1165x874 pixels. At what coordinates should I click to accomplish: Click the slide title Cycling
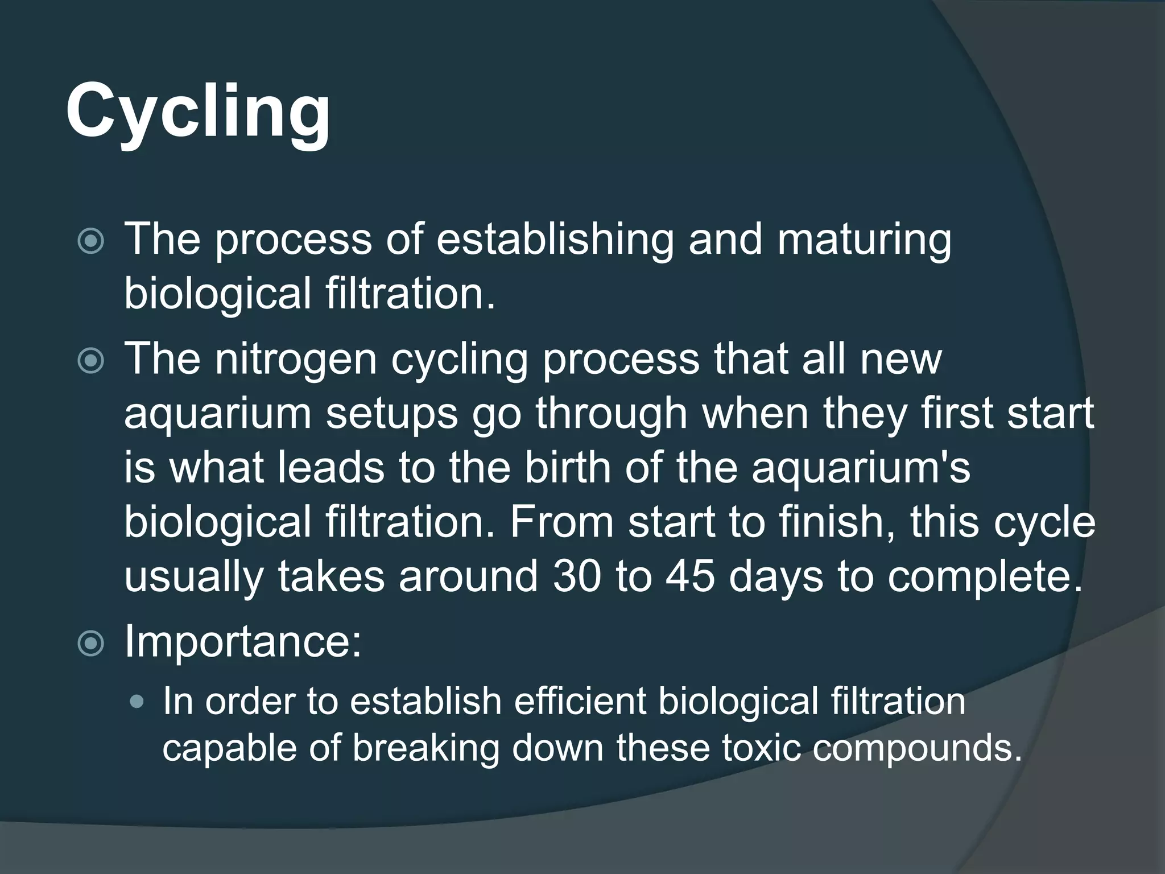point(197,111)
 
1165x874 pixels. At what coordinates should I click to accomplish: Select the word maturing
point(864,240)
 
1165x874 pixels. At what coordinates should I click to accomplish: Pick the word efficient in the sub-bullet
point(580,701)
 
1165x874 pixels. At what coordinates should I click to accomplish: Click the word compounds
point(916,748)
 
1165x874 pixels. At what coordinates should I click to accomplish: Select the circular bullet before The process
point(91,241)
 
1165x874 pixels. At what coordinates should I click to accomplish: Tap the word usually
point(193,577)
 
